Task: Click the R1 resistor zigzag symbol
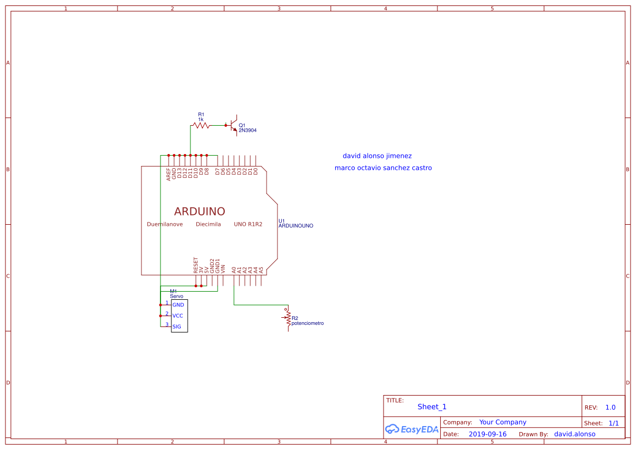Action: click(x=201, y=125)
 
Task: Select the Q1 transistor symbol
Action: click(x=234, y=125)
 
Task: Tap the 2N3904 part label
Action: click(x=248, y=131)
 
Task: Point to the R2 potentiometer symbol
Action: click(x=288, y=318)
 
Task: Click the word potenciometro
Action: click(x=307, y=323)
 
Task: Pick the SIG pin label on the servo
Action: click(x=177, y=326)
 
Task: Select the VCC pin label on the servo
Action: click(x=178, y=316)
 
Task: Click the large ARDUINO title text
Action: click(x=200, y=211)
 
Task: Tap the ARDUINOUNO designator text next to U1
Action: click(x=296, y=225)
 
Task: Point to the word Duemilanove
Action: click(x=165, y=224)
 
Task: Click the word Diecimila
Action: click(x=208, y=224)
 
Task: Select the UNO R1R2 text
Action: click(x=248, y=224)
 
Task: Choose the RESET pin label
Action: click(x=196, y=265)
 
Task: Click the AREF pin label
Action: click(x=169, y=174)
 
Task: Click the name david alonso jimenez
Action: click(x=377, y=156)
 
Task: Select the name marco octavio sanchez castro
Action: click(x=383, y=168)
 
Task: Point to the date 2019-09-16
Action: click(x=487, y=434)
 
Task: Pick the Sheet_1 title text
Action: click(x=432, y=407)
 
